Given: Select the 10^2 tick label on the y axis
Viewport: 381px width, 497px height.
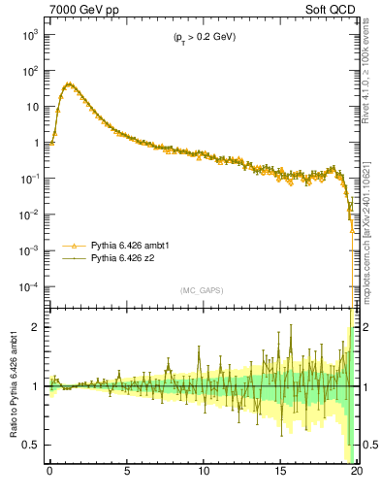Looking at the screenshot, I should coord(31,71).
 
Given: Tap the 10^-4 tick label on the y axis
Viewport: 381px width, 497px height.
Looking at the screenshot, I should coord(31,287).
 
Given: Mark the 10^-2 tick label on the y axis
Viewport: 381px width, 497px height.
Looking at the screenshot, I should coord(31,215).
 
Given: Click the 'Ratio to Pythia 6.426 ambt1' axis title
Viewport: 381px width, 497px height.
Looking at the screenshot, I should coord(14,384).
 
